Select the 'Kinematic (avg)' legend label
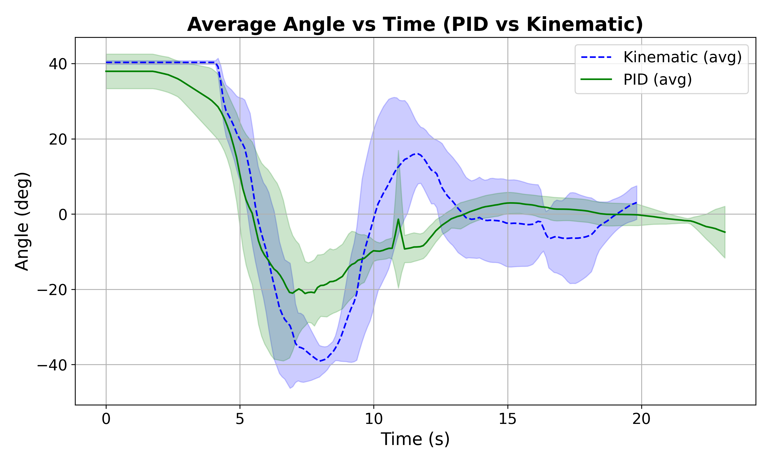pyautogui.click(x=682, y=57)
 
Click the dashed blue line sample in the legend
pyautogui.click(x=596, y=57)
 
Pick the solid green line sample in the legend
pyautogui.click(x=596, y=79)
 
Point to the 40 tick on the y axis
pyautogui.click(x=58, y=64)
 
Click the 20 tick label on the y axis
pyautogui.click(x=58, y=139)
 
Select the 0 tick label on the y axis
pyautogui.click(x=63, y=215)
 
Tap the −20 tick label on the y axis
pyautogui.click(x=52, y=290)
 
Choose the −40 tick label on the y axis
pyautogui.click(x=52, y=365)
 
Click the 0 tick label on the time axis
pyautogui.click(x=106, y=419)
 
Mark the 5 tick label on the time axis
pyautogui.click(x=240, y=419)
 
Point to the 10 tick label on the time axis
pyautogui.click(x=373, y=419)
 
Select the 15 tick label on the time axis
pyautogui.click(x=507, y=419)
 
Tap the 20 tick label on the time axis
pyautogui.click(x=641, y=419)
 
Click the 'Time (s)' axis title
pyautogui.click(x=415, y=439)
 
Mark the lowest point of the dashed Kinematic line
pyautogui.click(x=320, y=361)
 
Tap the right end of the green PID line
pyautogui.click(x=725, y=232)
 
